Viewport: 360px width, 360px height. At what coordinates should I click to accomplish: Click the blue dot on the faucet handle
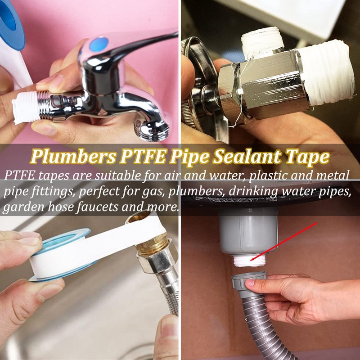99,44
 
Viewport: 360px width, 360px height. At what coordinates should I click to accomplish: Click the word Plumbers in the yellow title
73,157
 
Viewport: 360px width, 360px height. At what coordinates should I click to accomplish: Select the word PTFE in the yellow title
143,156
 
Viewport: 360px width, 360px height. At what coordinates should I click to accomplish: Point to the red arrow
283,241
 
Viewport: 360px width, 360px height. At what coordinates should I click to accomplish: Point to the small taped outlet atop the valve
262,42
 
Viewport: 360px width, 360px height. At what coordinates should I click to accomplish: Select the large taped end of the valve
326,73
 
